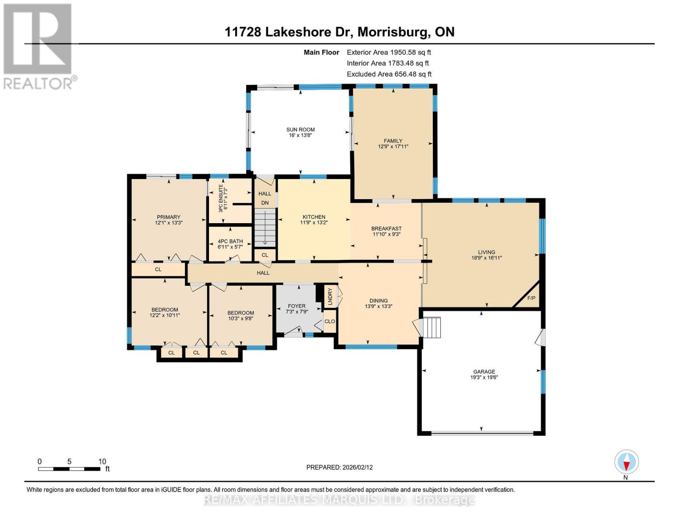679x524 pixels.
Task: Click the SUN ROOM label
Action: point(300,130)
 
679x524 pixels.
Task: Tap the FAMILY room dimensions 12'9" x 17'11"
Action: point(393,146)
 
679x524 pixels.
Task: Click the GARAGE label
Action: point(484,372)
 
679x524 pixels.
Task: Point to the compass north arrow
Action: point(627,462)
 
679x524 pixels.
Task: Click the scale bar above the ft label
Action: point(69,469)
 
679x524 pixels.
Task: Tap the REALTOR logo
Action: point(38,47)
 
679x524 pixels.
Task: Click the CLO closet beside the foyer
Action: point(330,321)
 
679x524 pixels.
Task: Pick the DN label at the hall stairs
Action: point(265,203)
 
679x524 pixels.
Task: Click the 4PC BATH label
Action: point(230,241)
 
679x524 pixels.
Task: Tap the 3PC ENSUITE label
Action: point(221,198)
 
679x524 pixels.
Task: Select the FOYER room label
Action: point(296,306)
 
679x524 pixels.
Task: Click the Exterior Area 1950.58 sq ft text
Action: point(389,52)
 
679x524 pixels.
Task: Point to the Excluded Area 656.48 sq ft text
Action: point(389,74)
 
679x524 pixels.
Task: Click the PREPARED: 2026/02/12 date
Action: point(339,467)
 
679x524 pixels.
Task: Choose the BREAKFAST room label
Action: point(387,228)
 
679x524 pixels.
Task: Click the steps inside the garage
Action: point(432,327)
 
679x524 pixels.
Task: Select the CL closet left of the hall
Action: point(158,269)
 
